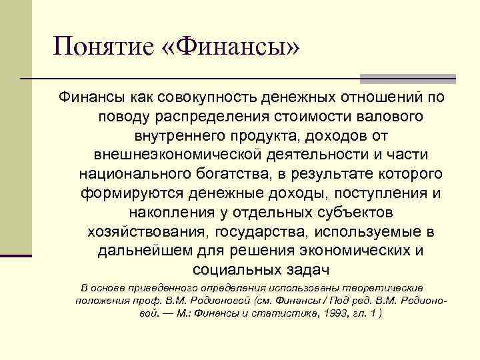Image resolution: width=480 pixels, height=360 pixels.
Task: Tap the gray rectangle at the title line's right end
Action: click(x=408, y=78)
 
